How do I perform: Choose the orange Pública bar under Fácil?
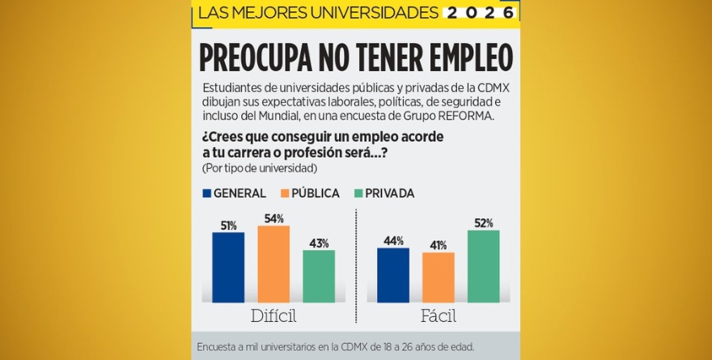point(439,277)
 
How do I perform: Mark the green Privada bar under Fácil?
point(484,266)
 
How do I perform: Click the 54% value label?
point(273,219)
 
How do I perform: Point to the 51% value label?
point(228,226)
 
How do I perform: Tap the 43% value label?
point(319,244)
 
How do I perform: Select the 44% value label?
point(393,241)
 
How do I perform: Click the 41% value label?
point(439,245)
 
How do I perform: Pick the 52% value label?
point(484,223)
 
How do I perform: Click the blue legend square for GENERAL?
point(207,193)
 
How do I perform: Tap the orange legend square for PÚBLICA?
point(285,193)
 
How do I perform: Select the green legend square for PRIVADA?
point(358,193)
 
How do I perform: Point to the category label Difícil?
point(273,316)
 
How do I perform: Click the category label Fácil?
point(439,316)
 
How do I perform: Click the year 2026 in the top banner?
point(480,13)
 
